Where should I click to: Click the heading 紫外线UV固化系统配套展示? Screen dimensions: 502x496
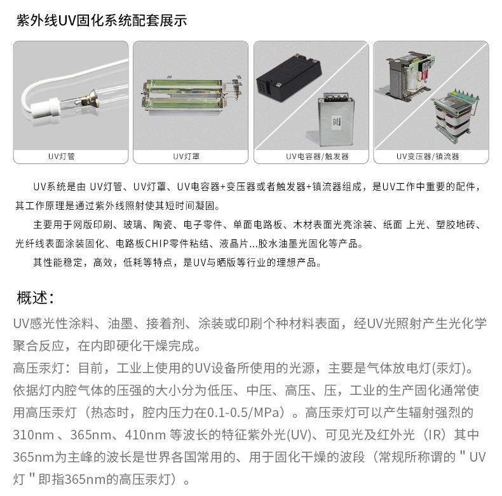(102, 20)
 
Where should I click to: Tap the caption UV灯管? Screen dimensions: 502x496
(62, 156)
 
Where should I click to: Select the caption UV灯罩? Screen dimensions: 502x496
(186, 156)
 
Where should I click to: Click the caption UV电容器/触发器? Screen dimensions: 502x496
(317, 156)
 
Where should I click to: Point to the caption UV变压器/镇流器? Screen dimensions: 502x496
(428, 156)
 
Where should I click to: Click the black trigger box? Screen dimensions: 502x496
(288, 78)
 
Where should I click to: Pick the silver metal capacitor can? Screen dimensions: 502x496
(336, 120)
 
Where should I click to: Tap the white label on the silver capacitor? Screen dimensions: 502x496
(337, 123)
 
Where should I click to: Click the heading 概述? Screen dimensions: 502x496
(36, 298)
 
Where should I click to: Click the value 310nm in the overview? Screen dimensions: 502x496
(33, 435)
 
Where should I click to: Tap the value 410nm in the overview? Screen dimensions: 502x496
(146, 435)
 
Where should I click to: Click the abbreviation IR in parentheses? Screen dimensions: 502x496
(435, 435)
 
